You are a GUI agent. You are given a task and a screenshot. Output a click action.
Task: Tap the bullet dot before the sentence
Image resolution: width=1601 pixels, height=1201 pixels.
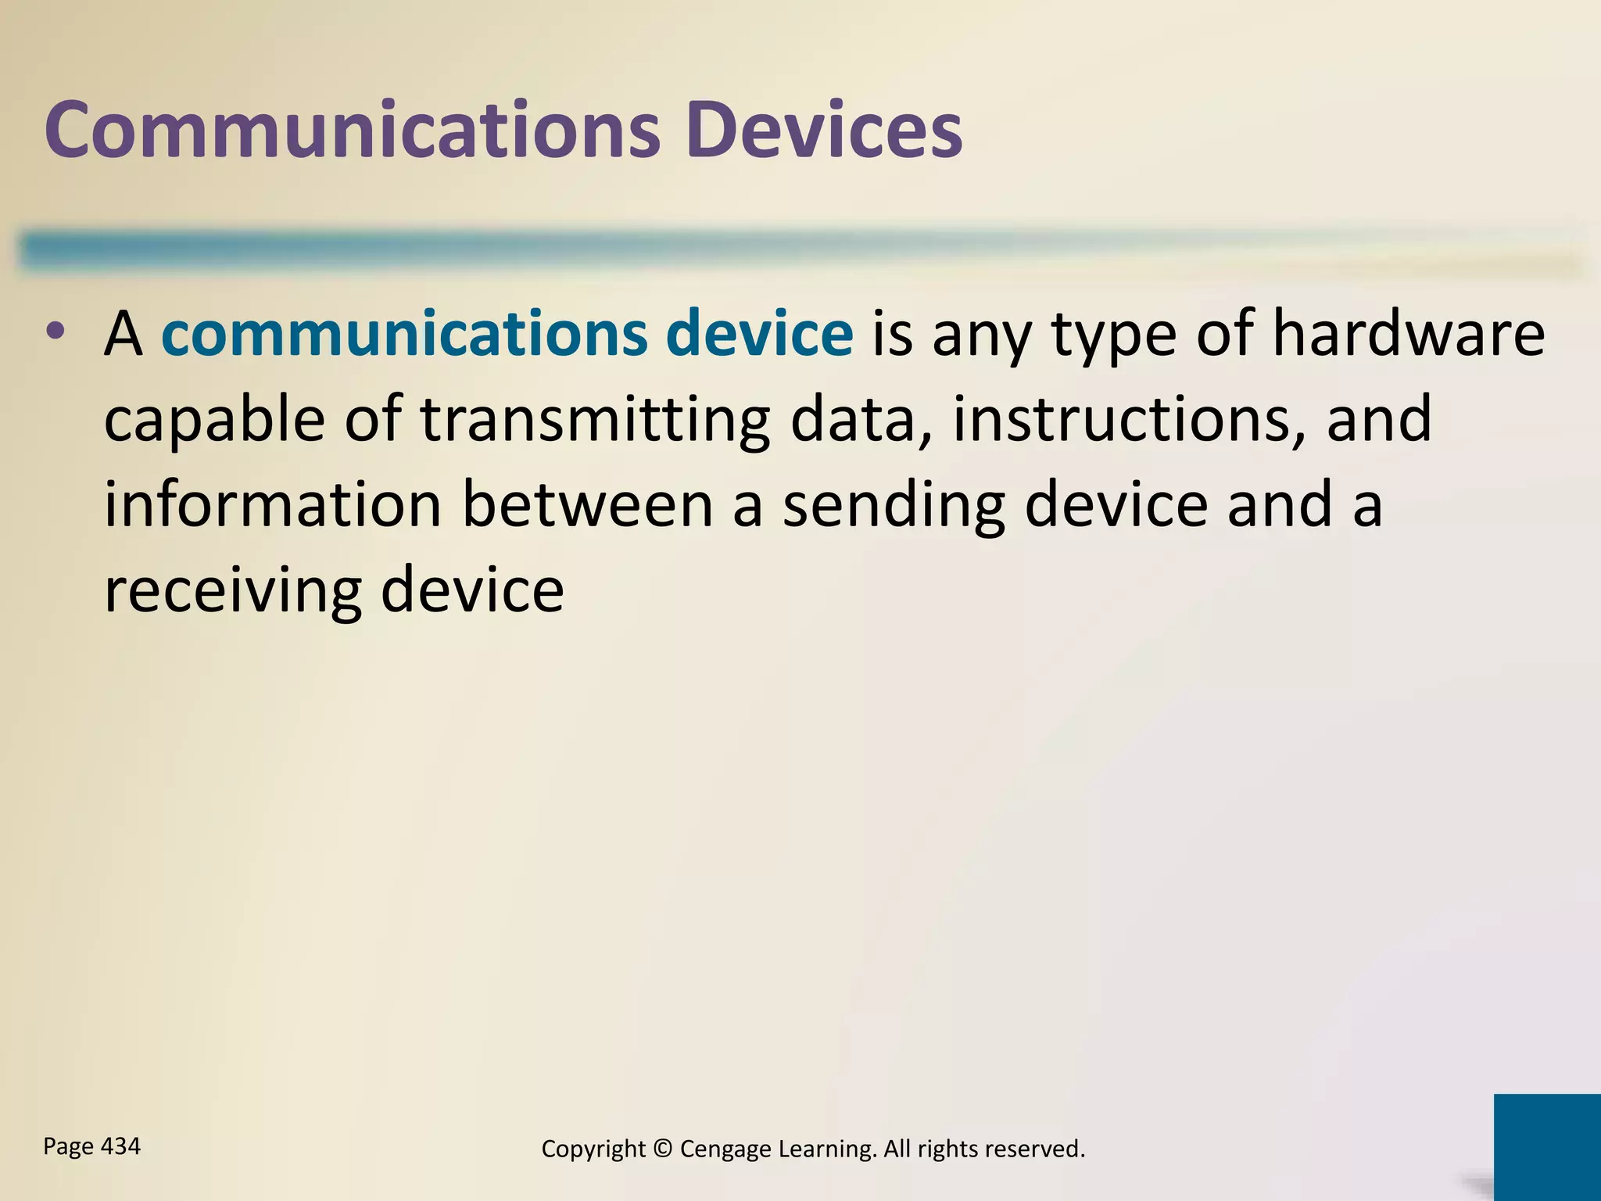[56, 332]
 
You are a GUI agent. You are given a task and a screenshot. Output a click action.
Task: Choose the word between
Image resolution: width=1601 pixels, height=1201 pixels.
[587, 504]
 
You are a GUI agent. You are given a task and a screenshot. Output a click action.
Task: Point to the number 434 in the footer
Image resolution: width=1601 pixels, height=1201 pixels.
[121, 1146]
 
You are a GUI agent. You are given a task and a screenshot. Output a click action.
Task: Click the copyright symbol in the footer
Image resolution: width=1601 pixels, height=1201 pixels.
[662, 1149]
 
